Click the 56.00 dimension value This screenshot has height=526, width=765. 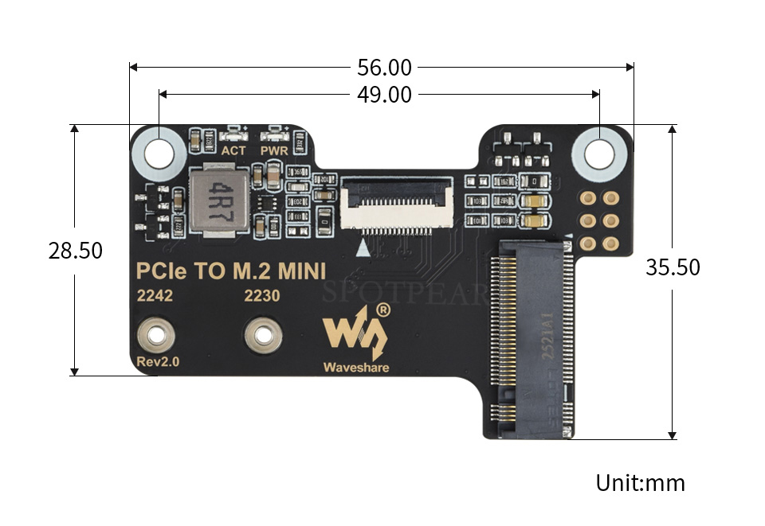(x=384, y=67)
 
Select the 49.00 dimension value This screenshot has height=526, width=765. (x=384, y=95)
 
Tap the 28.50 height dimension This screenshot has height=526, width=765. (x=75, y=250)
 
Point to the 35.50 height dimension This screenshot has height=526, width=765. (x=673, y=267)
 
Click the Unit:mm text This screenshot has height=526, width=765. (x=640, y=482)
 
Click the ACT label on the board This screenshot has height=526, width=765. (x=233, y=150)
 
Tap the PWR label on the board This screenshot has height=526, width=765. (x=273, y=150)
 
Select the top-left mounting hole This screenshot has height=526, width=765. (x=159, y=151)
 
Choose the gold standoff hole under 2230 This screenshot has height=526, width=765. (x=262, y=334)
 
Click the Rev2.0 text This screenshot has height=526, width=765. (x=158, y=362)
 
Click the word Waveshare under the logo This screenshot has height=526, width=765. (x=355, y=368)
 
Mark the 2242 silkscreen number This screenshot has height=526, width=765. (x=155, y=296)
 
